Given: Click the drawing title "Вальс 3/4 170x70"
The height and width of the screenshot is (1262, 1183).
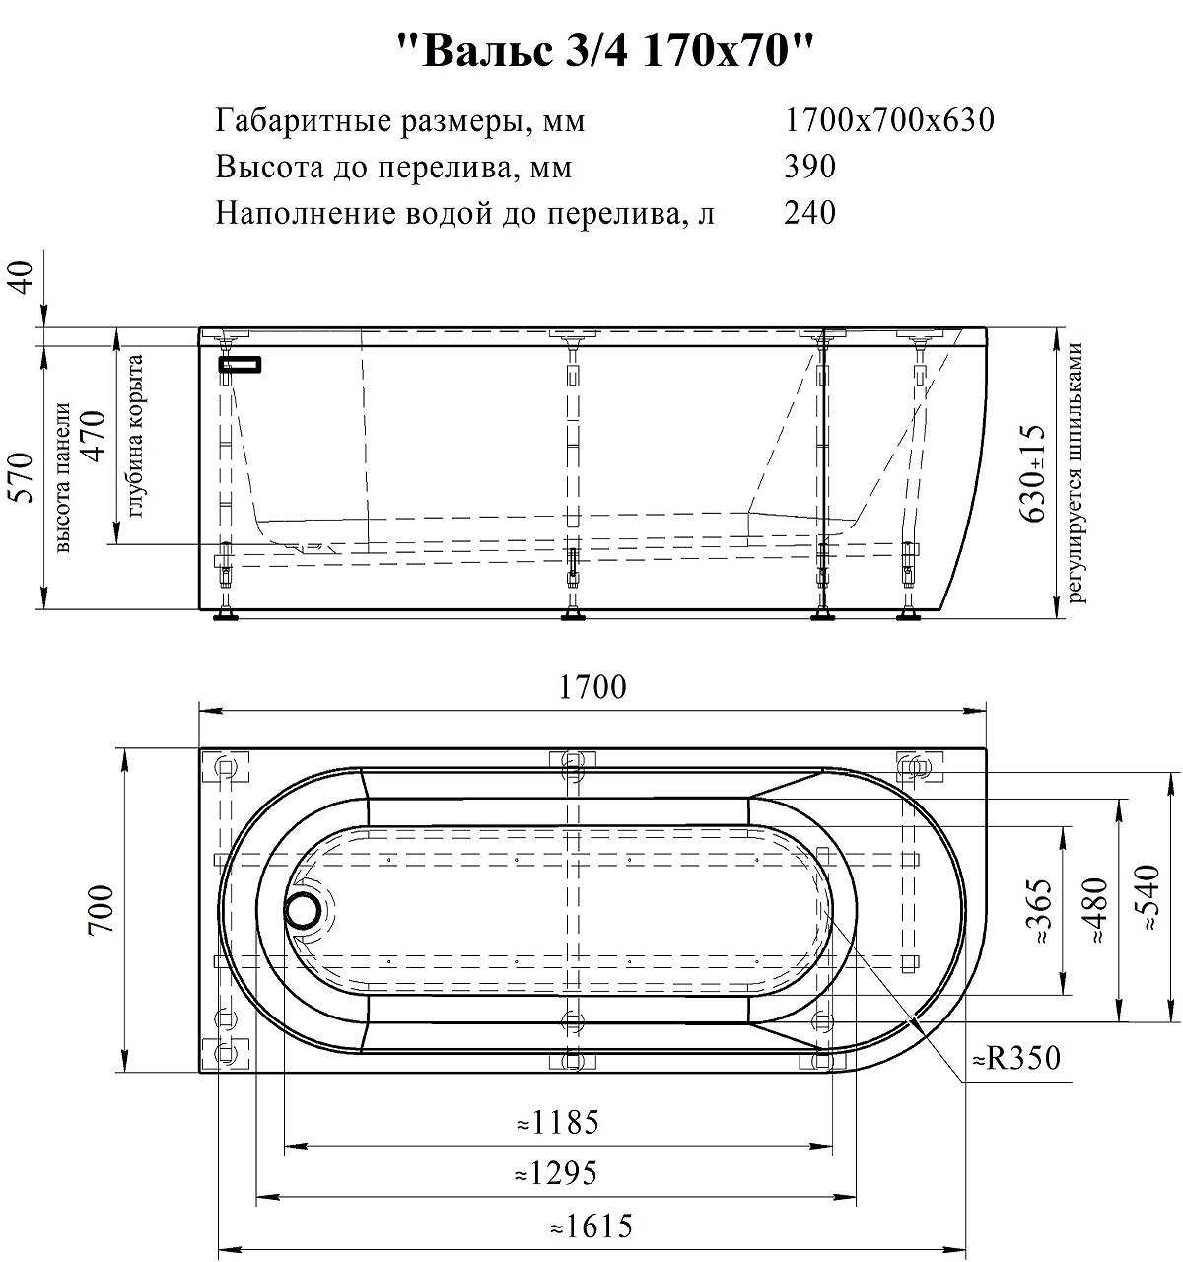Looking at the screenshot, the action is coord(604,51).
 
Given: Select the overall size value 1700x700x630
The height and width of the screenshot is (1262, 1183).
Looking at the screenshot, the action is coord(889,120).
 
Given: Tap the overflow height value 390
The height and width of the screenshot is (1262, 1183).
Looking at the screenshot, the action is coord(809,167).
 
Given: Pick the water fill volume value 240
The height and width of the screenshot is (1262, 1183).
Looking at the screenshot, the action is coord(809,212).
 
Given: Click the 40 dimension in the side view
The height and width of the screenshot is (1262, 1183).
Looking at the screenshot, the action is coord(22,277).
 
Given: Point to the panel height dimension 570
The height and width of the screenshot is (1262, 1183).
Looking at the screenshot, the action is coord(22,477).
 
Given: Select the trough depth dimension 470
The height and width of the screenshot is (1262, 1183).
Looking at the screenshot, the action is coord(96,437).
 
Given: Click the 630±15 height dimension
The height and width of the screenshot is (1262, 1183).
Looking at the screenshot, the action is coord(1032,473).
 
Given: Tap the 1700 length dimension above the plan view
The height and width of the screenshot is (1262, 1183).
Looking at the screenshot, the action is coord(592,687).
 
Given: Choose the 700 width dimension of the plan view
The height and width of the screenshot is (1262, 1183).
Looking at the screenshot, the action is coord(102,909).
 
